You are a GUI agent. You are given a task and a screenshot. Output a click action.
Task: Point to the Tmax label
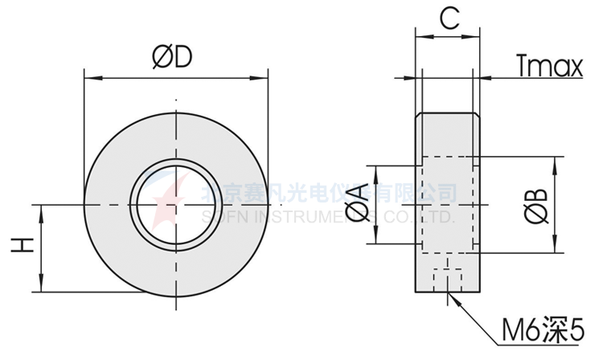[549, 67]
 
